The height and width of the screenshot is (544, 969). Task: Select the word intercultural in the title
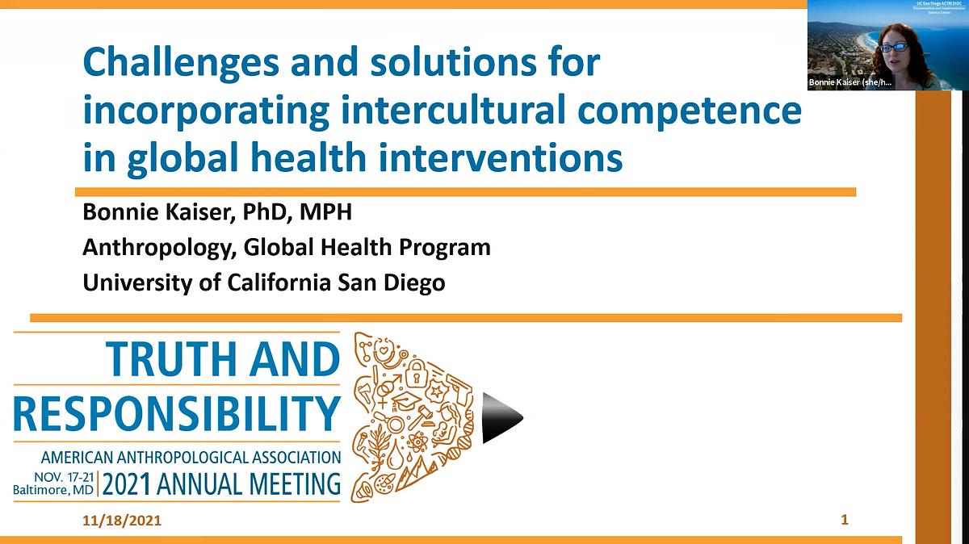pos(426,111)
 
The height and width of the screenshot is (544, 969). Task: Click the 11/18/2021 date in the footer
pos(122,521)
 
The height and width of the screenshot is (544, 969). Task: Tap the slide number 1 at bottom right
pos(845,520)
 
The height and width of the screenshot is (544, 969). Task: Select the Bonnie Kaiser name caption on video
pos(849,83)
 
